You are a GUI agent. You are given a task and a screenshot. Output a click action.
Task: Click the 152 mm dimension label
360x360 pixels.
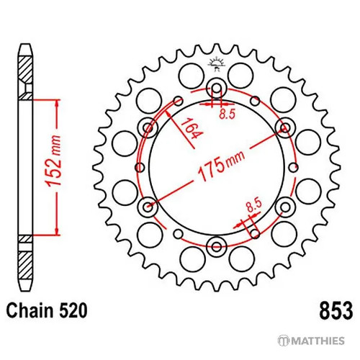tap(53, 161)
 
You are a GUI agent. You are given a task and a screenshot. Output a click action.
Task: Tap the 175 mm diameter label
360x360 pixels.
tap(221, 165)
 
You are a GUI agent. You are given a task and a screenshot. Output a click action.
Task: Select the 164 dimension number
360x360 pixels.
tap(192, 129)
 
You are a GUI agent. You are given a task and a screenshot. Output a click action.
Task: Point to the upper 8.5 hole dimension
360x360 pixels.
tap(227, 114)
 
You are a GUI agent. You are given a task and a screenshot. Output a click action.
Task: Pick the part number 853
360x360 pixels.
tap(336, 311)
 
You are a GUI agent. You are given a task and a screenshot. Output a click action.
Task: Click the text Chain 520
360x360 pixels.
tap(47, 311)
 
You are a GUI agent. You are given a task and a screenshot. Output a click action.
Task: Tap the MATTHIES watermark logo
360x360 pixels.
tap(311, 341)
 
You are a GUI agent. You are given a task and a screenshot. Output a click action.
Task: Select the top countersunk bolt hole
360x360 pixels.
tap(217, 88)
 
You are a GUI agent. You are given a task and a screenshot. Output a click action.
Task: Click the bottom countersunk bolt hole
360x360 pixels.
tap(217, 246)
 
